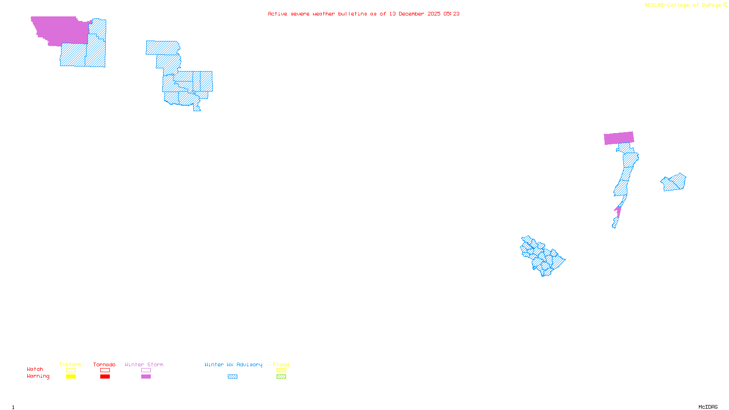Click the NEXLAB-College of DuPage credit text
click(x=683, y=5)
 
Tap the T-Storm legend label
click(x=70, y=364)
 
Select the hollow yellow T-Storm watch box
click(x=71, y=370)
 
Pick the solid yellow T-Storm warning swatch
click(x=71, y=377)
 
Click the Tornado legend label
click(x=104, y=364)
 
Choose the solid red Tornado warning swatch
click(x=105, y=377)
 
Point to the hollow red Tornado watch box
click(x=105, y=370)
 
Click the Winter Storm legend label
click(x=144, y=364)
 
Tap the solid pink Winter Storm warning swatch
click(x=146, y=377)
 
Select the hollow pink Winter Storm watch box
click(x=146, y=370)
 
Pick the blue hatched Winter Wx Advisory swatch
click(x=232, y=377)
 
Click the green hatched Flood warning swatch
click(x=281, y=377)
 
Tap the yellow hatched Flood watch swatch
click(x=281, y=370)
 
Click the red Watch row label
click(x=35, y=369)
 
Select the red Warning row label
click(x=38, y=376)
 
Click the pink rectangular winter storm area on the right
click(x=619, y=138)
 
